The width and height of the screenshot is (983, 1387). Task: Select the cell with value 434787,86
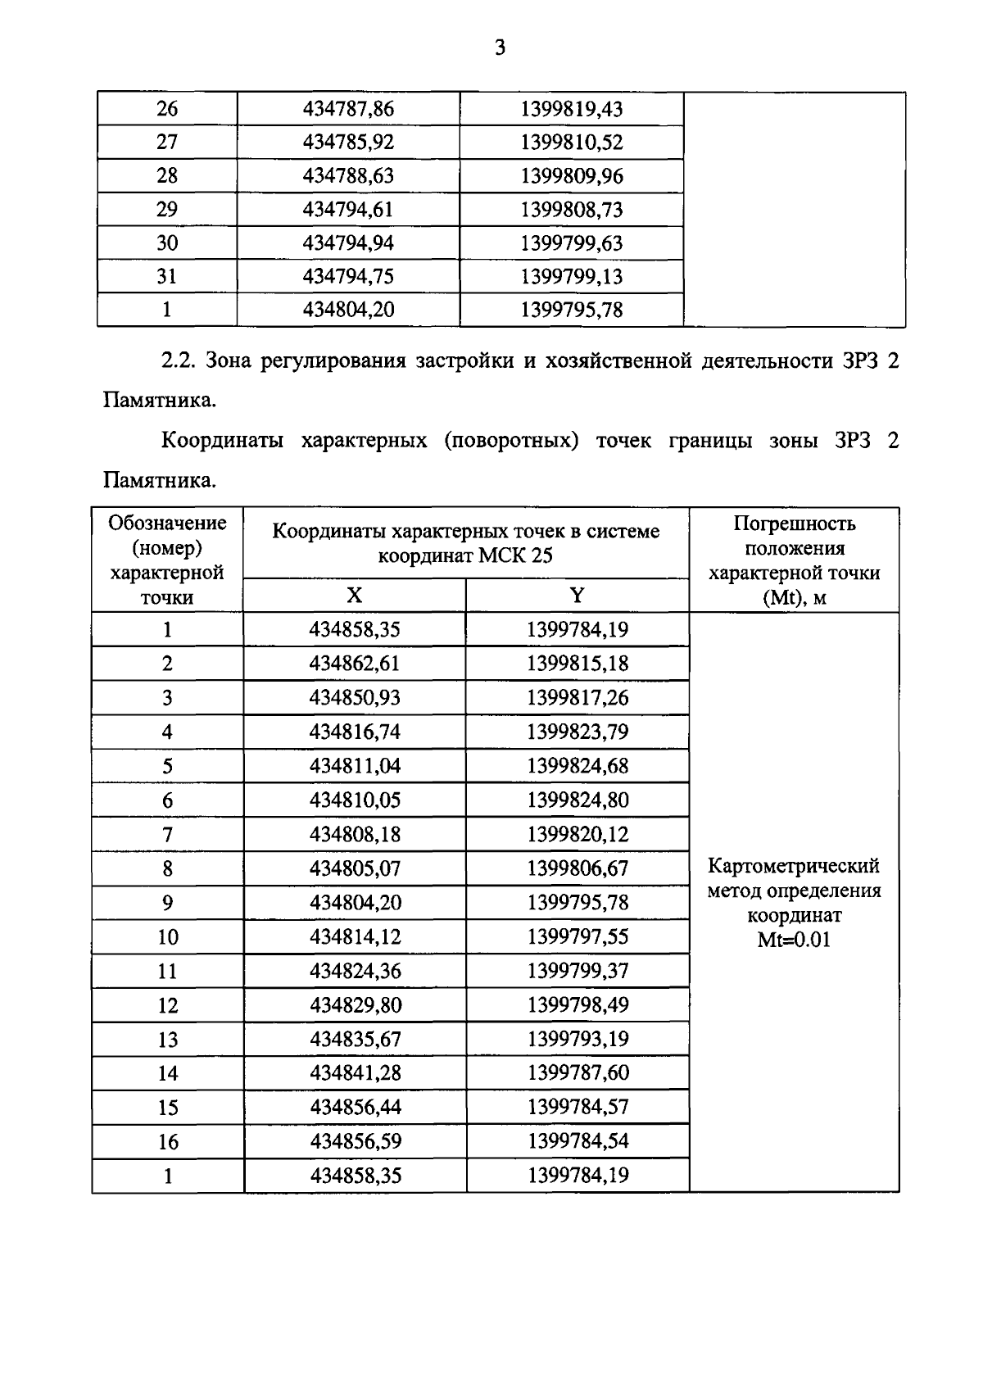pos(348,109)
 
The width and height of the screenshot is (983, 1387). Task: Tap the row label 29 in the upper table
pos(166,210)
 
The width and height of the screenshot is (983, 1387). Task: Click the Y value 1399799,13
pos(571,277)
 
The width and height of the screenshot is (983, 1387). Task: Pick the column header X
pos(354,596)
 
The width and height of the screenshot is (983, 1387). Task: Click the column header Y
pos(577,596)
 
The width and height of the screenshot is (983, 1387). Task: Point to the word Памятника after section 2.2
pos(160,401)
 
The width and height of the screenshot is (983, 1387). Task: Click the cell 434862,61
pos(354,664)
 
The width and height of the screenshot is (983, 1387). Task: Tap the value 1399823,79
pos(577,732)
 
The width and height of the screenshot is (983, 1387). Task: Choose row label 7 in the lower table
pos(167,835)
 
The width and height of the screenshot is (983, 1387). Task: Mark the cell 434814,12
pos(354,937)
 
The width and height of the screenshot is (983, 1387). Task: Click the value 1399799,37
pos(577,972)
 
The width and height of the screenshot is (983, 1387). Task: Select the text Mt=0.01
pos(793,940)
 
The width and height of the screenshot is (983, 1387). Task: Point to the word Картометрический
pos(793,866)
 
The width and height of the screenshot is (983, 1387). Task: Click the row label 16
pos(167,1142)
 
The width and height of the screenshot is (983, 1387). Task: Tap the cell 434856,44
pos(354,1108)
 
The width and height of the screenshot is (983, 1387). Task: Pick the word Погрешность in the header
pos(793,524)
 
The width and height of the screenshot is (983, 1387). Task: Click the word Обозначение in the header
pos(167,523)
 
